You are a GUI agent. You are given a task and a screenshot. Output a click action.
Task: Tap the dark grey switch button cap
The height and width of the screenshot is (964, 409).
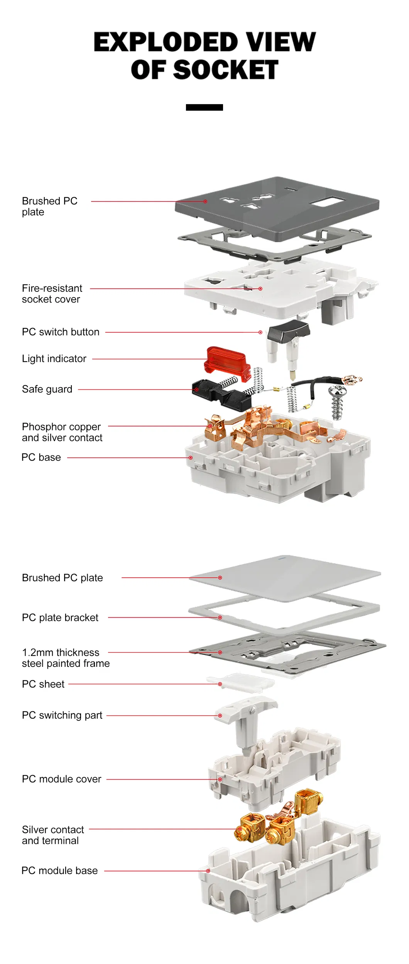(x=289, y=331)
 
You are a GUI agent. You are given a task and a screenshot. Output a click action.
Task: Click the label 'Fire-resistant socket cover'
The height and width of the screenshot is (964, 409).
(x=52, y=294)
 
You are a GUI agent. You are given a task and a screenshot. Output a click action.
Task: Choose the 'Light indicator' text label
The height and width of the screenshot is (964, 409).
(x=54, y=359)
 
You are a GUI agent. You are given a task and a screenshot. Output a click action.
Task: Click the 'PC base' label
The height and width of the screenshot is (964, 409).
(x=41, y=457)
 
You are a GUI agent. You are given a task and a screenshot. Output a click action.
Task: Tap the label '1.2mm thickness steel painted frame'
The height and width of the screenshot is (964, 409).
(x=66, y=658)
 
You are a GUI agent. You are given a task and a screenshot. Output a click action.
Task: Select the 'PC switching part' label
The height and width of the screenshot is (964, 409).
(x=62, y=715)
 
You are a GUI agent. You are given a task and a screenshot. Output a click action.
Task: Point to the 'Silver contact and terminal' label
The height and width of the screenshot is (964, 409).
(x=53, y=835)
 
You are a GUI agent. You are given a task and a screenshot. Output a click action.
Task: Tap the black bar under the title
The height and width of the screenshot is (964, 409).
(x=204, y=107)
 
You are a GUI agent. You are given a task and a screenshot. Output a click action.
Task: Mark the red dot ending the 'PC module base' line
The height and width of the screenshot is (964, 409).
(x=208, y=871)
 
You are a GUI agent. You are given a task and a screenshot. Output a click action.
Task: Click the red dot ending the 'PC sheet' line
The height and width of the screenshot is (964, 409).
(x=220, y=684)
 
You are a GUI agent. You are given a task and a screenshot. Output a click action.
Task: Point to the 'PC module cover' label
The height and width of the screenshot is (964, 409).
(x=61, y=779)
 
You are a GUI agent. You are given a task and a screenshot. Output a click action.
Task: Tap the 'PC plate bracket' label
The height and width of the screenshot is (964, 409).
(x=60, y=617)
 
